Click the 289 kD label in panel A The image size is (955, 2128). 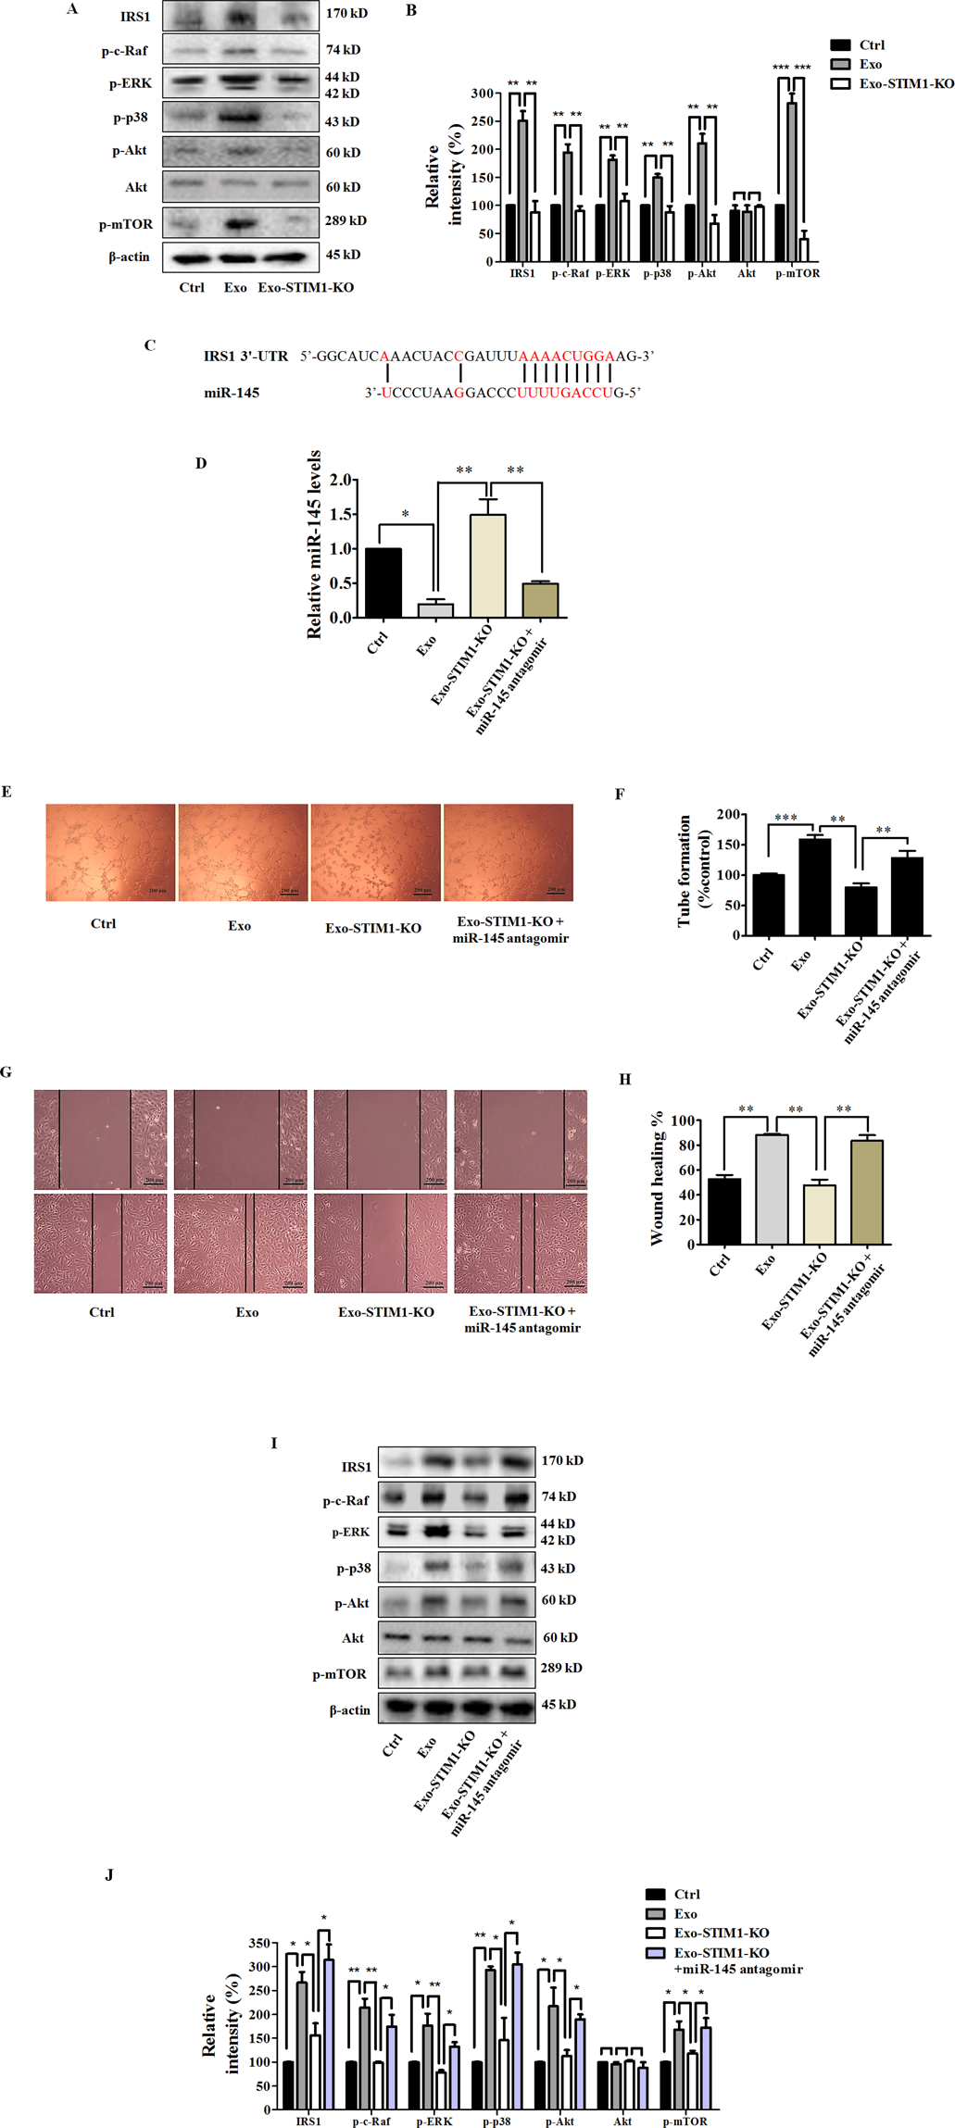pos(346,220)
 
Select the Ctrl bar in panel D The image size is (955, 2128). pos(383,582)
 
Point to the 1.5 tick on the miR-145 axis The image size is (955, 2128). pos(341,514)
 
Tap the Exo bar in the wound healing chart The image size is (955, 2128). pos(771,1189)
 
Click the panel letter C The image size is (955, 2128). pos(149,345)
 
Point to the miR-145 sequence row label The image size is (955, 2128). pos(232,393)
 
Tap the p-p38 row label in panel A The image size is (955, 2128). pos(130,118)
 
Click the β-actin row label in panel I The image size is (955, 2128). pos(349,1710)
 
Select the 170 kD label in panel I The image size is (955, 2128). pos(562,1460)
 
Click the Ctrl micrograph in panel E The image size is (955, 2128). pos(110,852)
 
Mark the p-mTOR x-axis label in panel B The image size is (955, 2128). pos(797,273)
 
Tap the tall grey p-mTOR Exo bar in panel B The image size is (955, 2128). pos(791,182)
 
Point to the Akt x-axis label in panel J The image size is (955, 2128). pos(622,2121)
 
